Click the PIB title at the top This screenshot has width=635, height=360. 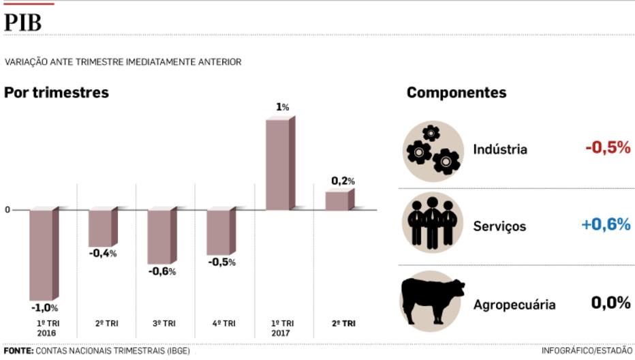tap(23, 22)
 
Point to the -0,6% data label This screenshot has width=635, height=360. tap(161, 271)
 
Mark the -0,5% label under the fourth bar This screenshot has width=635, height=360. tap(221, 262)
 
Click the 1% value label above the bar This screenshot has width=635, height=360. tap(282, 107)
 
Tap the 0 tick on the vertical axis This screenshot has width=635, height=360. tap(7, 209)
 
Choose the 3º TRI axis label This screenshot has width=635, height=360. tap(164, 323)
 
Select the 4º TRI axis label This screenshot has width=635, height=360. tap(223, 323)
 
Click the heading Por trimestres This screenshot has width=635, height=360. tap(57, 93)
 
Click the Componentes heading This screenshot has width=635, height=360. tap(456, 93)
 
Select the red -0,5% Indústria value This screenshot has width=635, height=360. tap(607, 147)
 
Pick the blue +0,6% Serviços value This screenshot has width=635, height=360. tap(606, 224)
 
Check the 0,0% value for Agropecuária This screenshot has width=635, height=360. tap(610, 303)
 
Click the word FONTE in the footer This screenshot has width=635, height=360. tap(18, 350)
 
